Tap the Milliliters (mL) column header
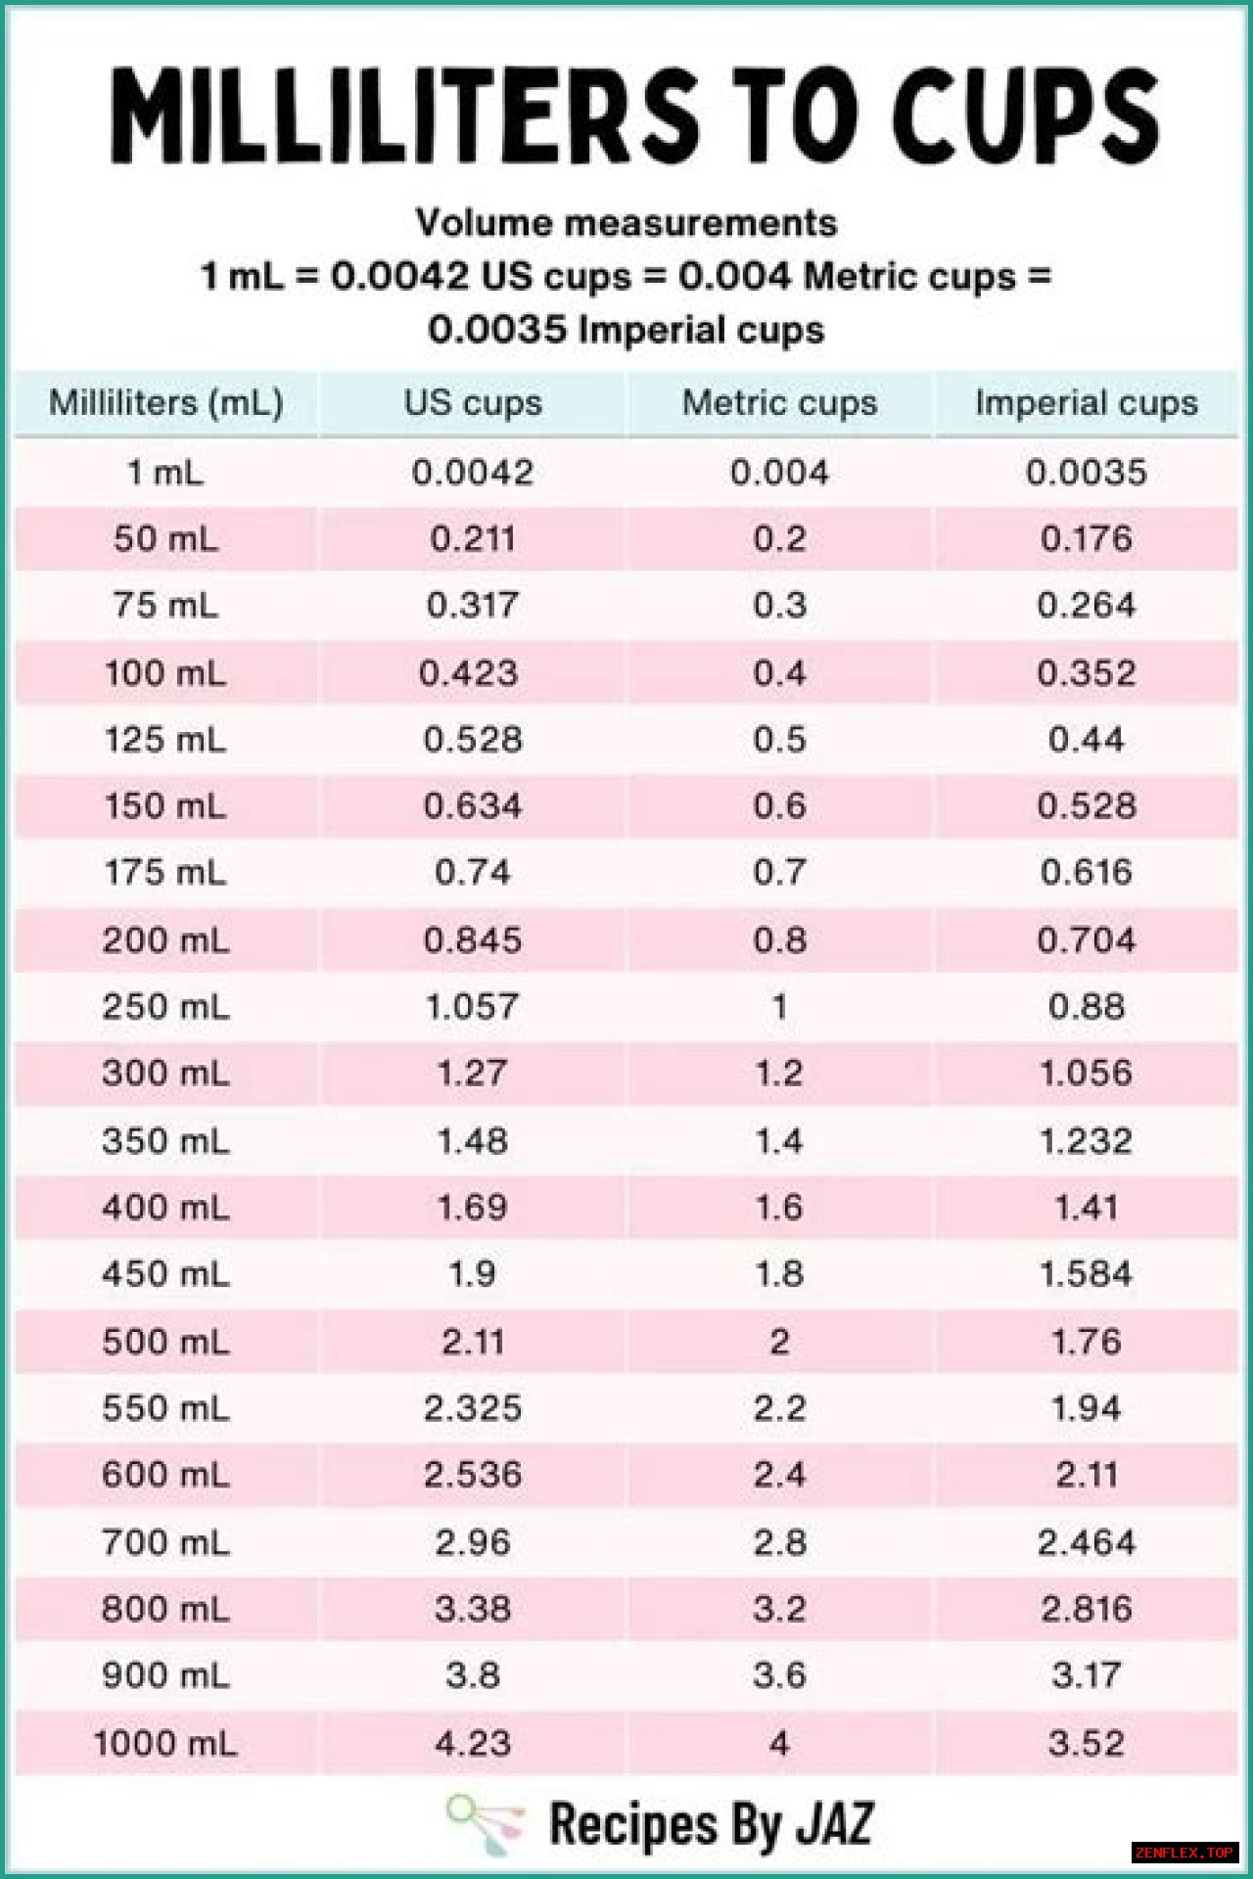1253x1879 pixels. [165, 403]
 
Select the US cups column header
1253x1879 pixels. [473, 403]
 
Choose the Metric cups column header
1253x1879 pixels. [779, 403]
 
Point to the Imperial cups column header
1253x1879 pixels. [1086, 403]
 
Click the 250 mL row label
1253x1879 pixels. [165, 1007]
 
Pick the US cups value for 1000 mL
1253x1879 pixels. [473, 1743]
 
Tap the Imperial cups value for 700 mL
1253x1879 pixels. [1086, 1542]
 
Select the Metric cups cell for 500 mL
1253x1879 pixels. [779, 1342]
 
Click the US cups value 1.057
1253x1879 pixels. [473, 1007]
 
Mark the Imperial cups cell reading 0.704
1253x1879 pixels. [1086, 940]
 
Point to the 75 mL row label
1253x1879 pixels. [165, 605]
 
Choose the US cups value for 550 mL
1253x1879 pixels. [473, 1408]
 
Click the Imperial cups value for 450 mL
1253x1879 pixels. [1086, 1274]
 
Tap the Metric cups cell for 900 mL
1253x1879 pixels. [779, 1675]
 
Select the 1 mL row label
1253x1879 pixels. [165, 473]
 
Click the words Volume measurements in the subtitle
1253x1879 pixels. [626, 223]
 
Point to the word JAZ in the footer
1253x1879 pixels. [834, 1824]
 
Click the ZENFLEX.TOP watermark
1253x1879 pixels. [1184, 1853]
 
